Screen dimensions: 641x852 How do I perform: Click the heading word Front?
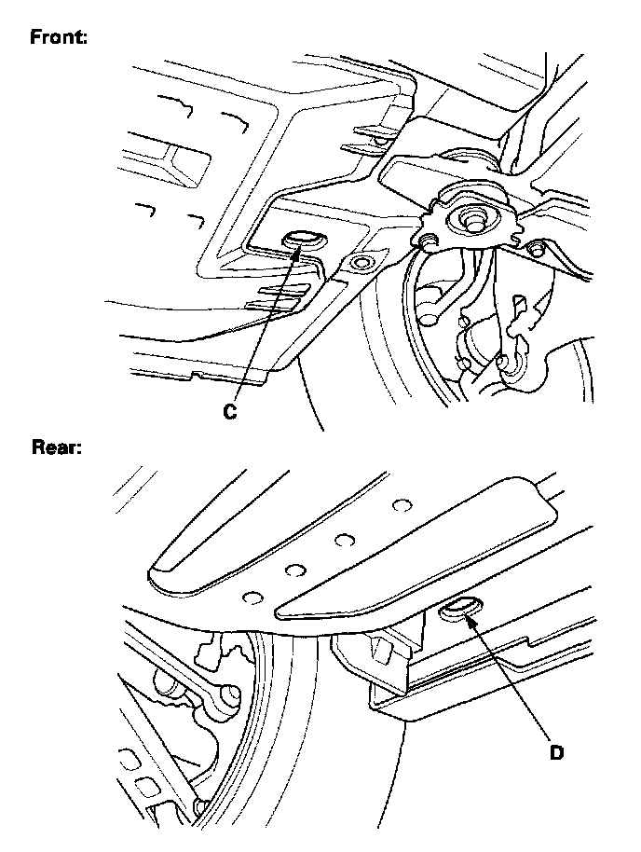click(58, 38)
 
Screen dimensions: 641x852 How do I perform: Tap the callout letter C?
click(230, 410)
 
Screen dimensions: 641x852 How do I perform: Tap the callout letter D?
click(555, 750)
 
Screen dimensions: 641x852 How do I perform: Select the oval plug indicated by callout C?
click(302, 240)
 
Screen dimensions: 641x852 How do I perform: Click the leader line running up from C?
click(266, 326)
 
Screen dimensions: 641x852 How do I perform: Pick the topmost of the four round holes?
click(402, 505)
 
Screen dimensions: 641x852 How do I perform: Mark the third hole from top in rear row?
click(297, 570)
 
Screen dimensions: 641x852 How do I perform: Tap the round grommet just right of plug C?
click(359, 264)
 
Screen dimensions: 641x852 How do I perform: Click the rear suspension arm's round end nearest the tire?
click(226, 694)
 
